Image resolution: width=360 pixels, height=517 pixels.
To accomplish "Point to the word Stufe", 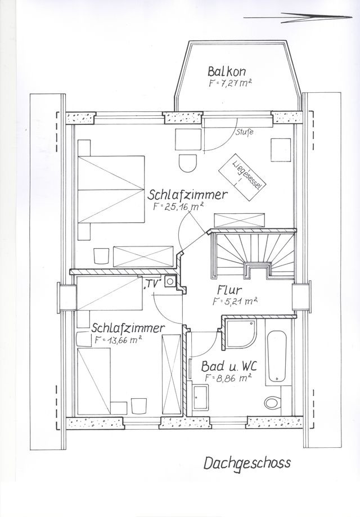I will coord(245,133).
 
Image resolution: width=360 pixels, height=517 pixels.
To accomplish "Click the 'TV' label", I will coord(153,284).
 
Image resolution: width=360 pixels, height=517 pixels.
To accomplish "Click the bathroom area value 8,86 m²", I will coord(228,377).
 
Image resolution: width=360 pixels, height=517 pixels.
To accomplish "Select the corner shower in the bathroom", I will coord(242,335).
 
